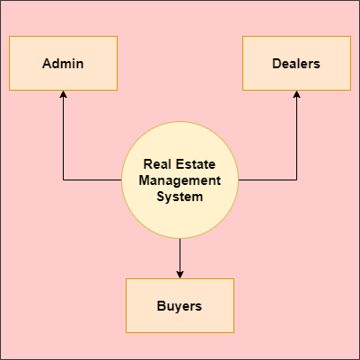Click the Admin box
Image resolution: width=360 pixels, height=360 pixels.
click(63, 63)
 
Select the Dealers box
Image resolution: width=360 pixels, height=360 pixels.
click(296, 63)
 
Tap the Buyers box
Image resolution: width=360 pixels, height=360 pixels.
click(180, 305)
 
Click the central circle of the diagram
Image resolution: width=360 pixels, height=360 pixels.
click(180, 180)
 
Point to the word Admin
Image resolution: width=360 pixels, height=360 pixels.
click(63, 64)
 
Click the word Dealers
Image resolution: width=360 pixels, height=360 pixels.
click(296, 64)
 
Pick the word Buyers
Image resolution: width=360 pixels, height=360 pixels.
click(180, 306)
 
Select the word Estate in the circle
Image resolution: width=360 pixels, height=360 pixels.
click(196, 164)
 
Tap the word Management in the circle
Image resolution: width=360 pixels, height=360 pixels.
click(180, 180)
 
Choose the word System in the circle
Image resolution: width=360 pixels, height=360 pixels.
click(180, 197)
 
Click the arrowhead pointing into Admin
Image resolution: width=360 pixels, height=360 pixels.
click(63, 94)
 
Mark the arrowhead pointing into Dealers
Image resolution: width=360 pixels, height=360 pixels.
click(296, 94)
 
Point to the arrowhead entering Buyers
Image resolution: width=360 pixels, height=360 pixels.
click(180, 275)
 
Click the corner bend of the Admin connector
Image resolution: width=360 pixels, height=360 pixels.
click(63, 180)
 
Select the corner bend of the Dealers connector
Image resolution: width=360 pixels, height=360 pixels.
click(296, 180)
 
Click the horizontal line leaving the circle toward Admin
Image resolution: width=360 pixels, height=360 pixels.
click(92, 180)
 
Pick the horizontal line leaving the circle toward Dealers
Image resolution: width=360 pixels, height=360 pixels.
click(268, 180)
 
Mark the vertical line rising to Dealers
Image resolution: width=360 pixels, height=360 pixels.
click(296, 136)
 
